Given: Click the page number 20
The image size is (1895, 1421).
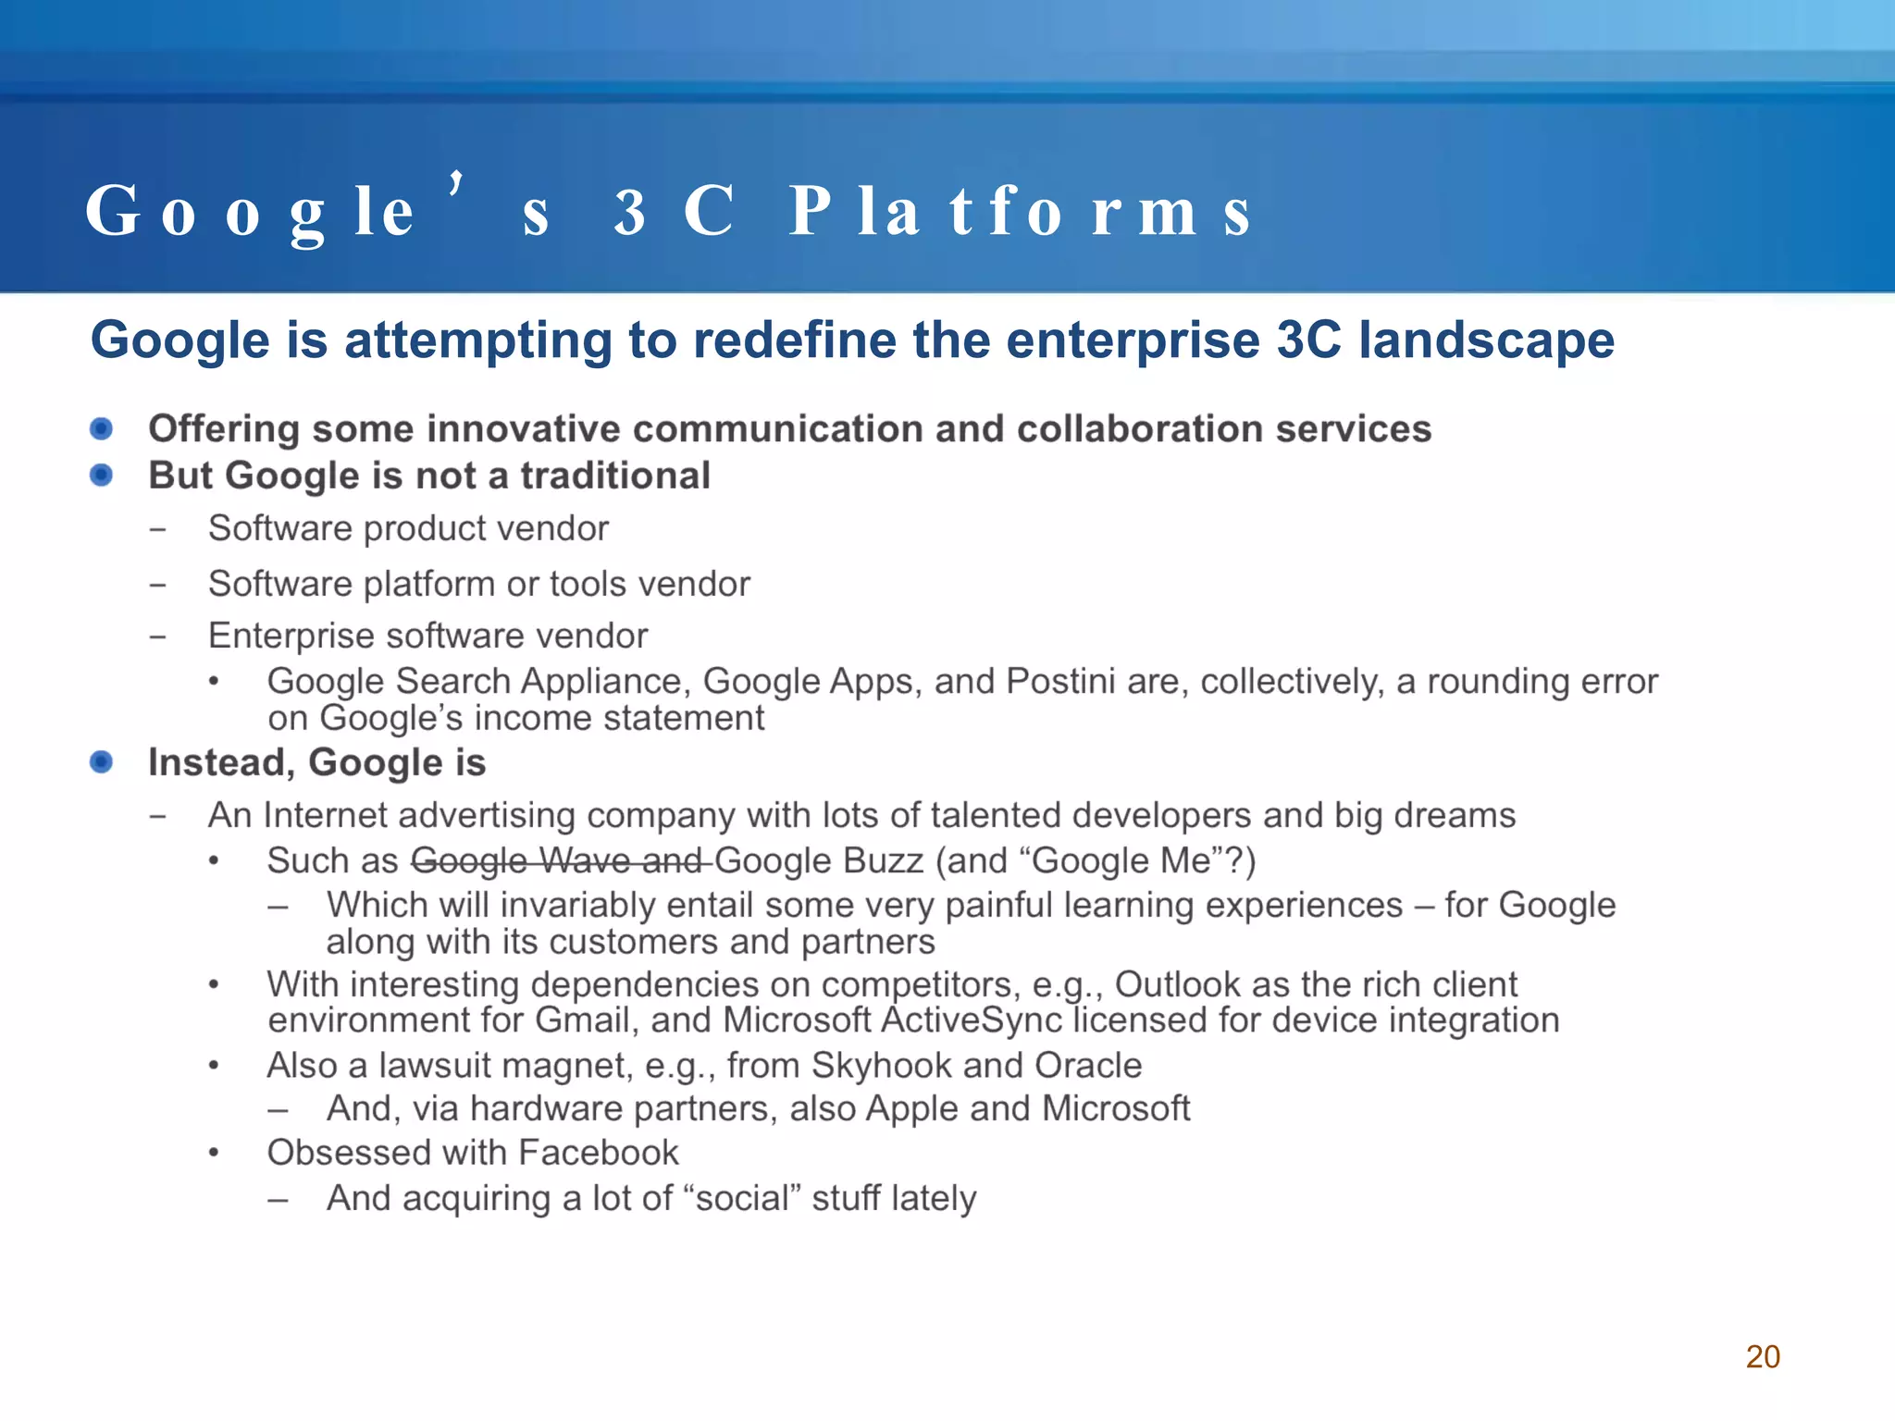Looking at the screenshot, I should (1762, 1356).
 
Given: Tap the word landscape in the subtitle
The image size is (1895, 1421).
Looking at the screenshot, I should (1486, 340).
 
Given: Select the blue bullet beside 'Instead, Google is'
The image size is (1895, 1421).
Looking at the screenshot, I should (101, 761).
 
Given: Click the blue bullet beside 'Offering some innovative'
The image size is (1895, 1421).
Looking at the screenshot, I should (101, 428).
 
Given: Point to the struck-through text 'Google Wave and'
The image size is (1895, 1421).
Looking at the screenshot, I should (560, 860).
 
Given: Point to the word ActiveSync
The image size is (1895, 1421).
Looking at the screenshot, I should (972, 1020).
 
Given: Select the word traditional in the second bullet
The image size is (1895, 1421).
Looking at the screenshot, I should (615, 476).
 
